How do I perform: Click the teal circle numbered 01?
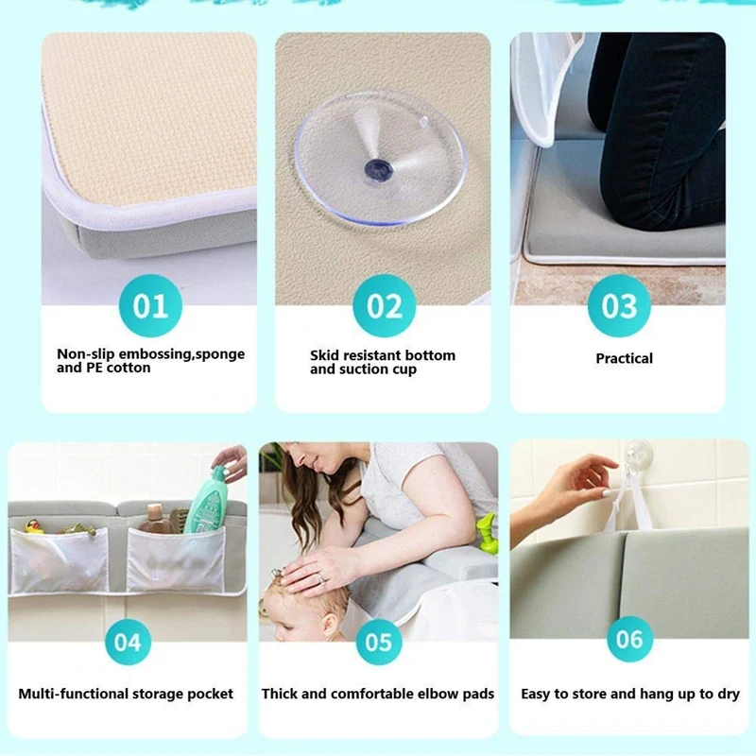[150, 305]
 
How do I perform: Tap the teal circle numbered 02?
[385, 305]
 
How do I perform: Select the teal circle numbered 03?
[619, 305]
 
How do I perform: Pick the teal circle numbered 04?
[128, 643]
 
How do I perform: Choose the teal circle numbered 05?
[379, 643]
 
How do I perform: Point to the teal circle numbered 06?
[629, 639]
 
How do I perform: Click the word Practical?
[624, 358]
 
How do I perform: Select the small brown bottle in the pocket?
[154, 517]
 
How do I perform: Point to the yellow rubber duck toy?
[34, 526]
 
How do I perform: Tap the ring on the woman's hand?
[322, 577]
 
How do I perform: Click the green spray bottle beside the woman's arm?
[486, 534]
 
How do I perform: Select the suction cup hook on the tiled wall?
[638, 455]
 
